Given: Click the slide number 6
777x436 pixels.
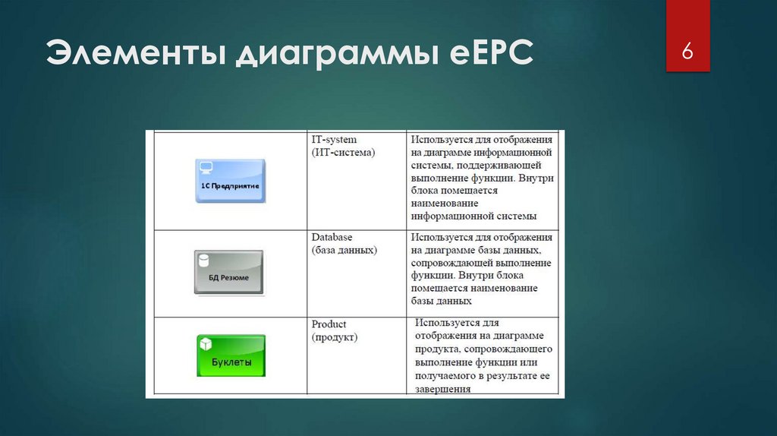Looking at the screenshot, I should tap(687, 51).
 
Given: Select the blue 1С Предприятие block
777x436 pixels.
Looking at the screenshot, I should tap(230, 180).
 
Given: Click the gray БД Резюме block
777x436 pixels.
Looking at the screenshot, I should tap(228, 273).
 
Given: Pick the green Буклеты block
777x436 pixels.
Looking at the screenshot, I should tap(231, 355).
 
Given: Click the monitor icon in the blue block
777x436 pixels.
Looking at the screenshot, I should tap(205, 167).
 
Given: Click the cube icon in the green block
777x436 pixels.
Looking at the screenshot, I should tap(205, 344).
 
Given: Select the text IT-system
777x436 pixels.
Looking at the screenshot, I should tap(334, 140).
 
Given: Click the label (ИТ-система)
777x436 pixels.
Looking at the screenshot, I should tap(343, 153).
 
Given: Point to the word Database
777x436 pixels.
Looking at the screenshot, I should tap(332, 237).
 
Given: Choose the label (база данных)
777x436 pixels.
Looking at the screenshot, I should tap(344, 250).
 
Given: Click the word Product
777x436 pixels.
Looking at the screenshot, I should tap(329, 324).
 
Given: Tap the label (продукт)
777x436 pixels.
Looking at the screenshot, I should tap(335, 336).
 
